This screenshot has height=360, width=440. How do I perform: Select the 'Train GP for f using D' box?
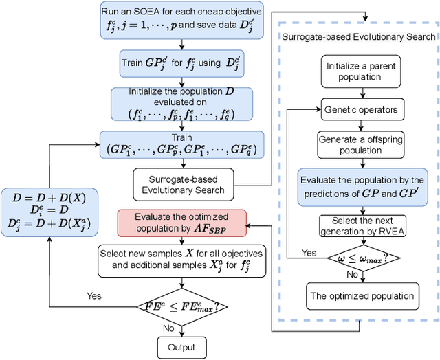(x=181, y=65)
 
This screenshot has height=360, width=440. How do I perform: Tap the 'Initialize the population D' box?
(x=181, y=104)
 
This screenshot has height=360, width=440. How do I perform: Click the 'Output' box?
(x=181, y=347)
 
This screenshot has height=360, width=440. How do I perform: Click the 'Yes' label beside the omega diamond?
(x=309, y=252)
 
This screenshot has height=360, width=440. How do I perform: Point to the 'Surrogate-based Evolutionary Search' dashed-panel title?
(x=357, y=36)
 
